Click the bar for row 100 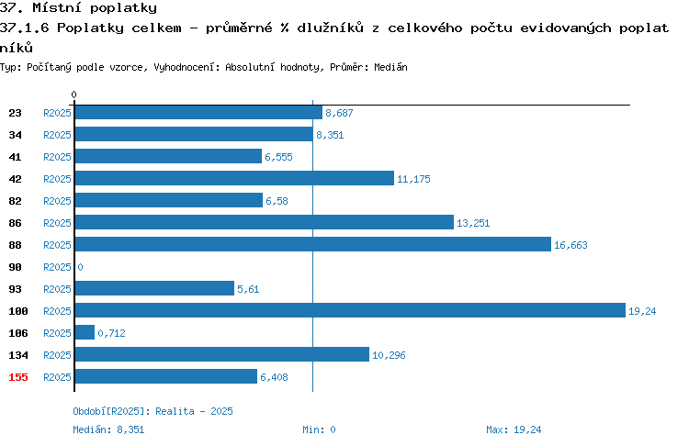click(350, 310)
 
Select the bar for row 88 click(313, 244)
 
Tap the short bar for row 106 click(85, 332)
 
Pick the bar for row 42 click(234, 178)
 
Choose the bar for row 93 click(154, 288)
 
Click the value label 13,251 click(473, 223)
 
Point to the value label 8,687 click(339, 113)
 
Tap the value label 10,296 click(389, 355)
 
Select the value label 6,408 click(274, 377)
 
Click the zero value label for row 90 click(80, 267)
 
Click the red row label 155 click(18, 377)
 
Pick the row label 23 click(15, 113)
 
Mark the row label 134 click(18, 355)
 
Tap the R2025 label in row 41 click(57, 157)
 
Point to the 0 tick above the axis click(73, 95)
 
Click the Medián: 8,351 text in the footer click(108, 429)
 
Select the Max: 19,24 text click(514, 429)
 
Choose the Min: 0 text click(319, 429)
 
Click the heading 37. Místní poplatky click(78, 8)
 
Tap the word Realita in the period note click(175, 411)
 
